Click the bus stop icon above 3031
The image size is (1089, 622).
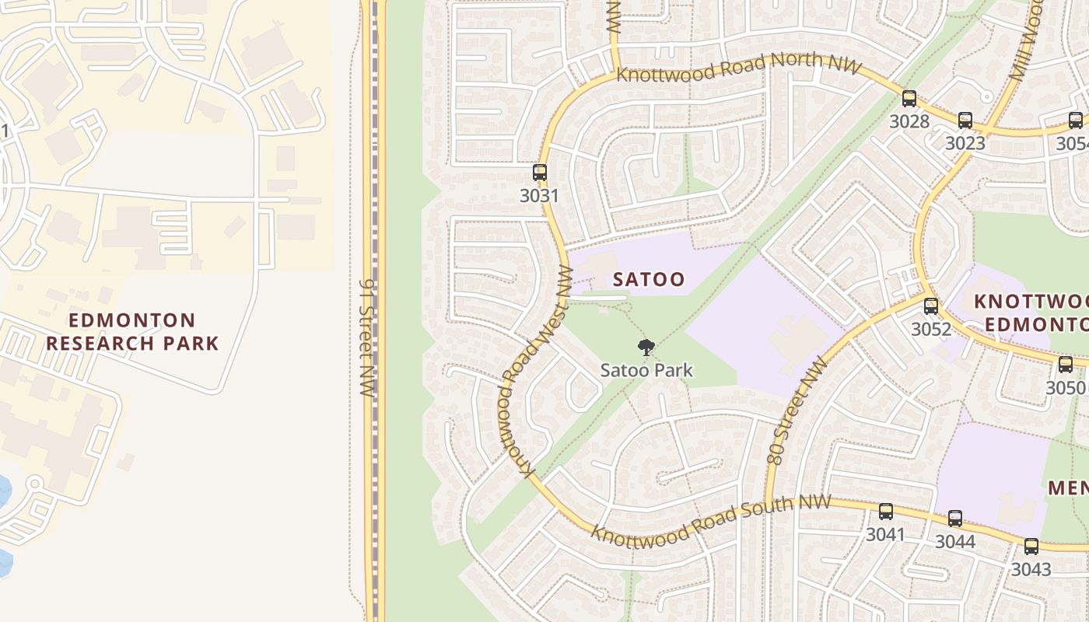click(540, 172)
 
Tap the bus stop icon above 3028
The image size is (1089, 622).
click(909, 98)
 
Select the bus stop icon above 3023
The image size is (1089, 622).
click(965, 120)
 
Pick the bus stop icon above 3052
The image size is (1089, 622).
click(931, 306)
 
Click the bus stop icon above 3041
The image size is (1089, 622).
click(886, 511)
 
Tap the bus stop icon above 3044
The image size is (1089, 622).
click(955, 518)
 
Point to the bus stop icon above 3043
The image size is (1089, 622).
click(1031, 546)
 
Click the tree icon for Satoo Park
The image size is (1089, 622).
click(646, 348)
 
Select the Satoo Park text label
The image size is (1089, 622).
click(646, 370)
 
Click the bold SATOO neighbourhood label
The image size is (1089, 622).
click(649, 279)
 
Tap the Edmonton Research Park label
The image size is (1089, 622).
click(132, 331)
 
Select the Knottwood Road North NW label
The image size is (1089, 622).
click(739, 66)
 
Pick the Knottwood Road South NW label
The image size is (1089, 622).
click(710, 519)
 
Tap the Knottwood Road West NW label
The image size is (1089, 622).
click(536, 370)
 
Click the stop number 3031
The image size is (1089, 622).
click(539, 195)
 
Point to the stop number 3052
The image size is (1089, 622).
click(931, 329)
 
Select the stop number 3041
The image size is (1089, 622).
click(886, 534)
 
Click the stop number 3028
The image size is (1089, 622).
click(909, 121)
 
